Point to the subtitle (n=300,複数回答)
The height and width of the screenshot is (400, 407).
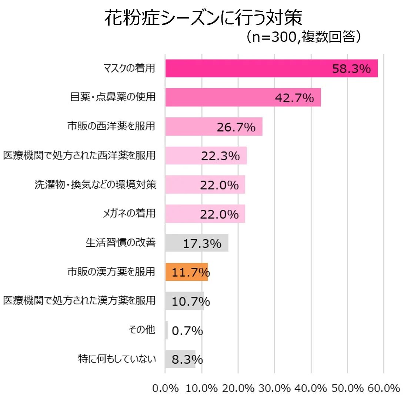pyautogui.click(x=303, y=37)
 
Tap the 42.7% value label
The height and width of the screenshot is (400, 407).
pyautogui.click(x=294, y=98)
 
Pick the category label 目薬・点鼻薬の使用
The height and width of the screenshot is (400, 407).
pyautogui.click(x=113, y=97)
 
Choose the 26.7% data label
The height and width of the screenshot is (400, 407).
pyautogui.click(x=236, y=127)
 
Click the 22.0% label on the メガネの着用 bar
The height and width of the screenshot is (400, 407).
pyautogui.click(x=219, y=214)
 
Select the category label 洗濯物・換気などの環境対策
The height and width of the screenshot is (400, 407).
pyautogui.click(x=95, y=184)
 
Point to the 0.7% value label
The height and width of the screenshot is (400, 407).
pyautogui.click(x=187, y=331)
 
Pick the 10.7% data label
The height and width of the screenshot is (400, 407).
pyautogui.click(x=190, y=301)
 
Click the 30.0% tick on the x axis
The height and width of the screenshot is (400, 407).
pyautogui.click(x=274, y=388)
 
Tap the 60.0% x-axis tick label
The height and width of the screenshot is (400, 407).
pyautogui.click(x=384, y=388)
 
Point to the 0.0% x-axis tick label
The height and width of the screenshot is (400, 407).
pyautogui.click(x=166, y=388)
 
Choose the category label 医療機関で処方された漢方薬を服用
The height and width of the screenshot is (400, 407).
pyautogui.click(x=79, y=300)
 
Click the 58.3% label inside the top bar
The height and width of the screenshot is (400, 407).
pyautogui.click(x=351, y=69)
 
